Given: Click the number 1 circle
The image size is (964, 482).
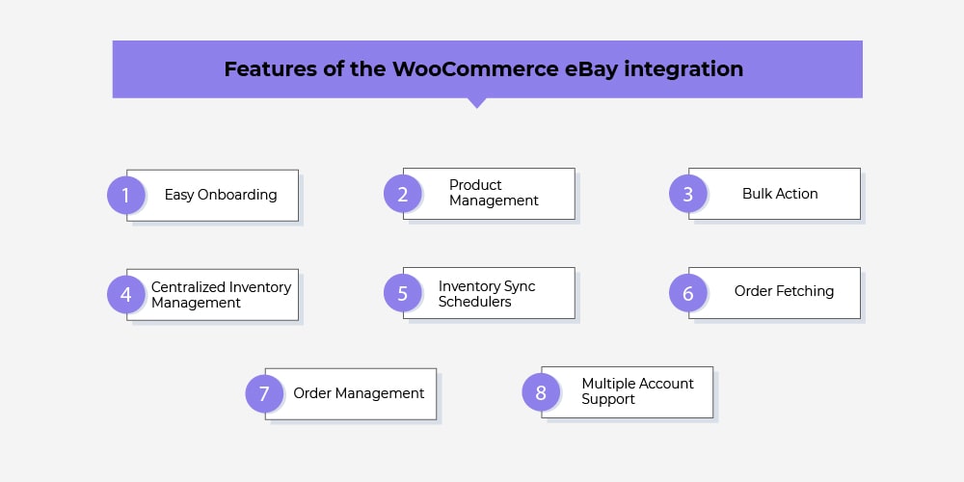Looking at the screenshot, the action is pos(126,195).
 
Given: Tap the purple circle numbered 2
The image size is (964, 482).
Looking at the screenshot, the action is pos(403,194).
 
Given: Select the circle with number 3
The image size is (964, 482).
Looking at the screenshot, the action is pos(688,194).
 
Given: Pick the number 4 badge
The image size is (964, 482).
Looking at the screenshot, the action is pos(126,294).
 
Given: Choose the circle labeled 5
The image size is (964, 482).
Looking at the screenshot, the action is pos(403,293).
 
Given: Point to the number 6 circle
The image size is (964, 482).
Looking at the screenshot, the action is pos(688,293).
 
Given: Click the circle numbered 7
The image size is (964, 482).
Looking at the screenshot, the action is pos(264,393).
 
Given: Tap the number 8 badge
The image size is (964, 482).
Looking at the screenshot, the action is pos(541,391).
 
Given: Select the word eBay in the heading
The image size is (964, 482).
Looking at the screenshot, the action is pos(591,68).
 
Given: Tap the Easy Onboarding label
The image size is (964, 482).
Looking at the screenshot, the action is pos(221,195).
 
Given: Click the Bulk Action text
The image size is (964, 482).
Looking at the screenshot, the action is pos(780,194).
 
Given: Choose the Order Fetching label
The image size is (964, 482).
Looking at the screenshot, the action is pos(784,291).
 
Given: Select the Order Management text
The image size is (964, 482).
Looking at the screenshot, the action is pos(359,393).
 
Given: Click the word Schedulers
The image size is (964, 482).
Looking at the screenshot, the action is pos(474,302).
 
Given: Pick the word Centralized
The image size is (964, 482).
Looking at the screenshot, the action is pos(188,287).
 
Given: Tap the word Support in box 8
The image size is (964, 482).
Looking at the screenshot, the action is pos(608,400).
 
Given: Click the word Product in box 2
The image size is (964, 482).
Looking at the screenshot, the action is pos(475,185).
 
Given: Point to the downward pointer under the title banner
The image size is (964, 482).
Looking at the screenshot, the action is pos(476,103).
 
